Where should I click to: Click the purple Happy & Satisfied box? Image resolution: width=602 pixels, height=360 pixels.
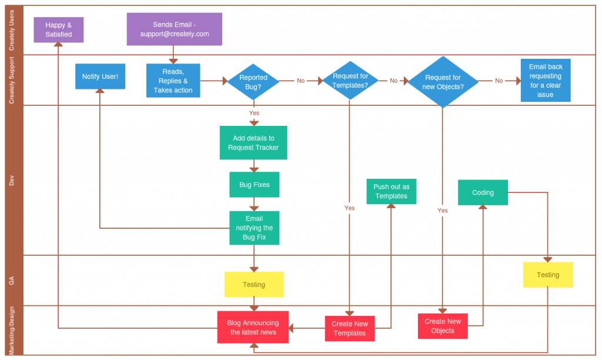tap(58, 30)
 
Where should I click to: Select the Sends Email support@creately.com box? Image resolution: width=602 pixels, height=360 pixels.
tap(175, 29)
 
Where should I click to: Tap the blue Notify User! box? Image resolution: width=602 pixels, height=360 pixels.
tap(100, 76)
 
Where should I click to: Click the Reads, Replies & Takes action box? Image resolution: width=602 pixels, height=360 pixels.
tap(173, 81)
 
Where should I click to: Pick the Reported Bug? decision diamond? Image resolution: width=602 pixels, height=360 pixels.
tap(253, 82)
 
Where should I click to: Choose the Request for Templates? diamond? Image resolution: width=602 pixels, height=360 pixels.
tap(350, 81)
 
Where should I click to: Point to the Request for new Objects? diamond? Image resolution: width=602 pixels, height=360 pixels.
tap(443, 82)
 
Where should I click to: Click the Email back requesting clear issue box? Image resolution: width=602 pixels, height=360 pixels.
tap(545, 81)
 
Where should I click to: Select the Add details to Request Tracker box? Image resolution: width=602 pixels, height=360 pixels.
tap(253, 143)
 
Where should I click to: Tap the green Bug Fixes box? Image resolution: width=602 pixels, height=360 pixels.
tap(254, 185)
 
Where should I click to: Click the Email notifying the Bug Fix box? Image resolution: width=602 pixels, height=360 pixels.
tap(254, 228)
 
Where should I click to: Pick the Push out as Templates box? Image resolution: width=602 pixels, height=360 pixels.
tap(391, 192)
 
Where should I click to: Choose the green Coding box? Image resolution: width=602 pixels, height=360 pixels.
tap(483, 192)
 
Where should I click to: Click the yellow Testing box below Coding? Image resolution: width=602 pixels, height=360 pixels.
tap(547, 275)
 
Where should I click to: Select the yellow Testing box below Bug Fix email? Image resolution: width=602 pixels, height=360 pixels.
tap(254, 285)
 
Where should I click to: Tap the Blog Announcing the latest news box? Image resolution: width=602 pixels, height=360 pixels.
tap(253, 327)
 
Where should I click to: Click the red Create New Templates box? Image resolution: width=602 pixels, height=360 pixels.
tap(349, 328)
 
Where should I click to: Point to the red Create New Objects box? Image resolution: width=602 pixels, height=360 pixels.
tap(443, 326)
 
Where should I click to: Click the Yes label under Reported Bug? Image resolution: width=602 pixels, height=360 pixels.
tap(254, 113)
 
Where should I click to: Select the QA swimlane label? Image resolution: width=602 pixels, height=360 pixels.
tap(12, 281)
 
